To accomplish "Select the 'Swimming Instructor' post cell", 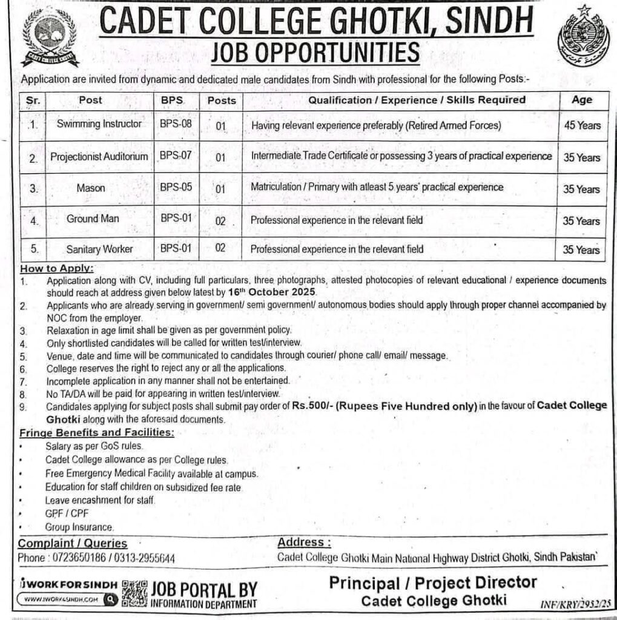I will (x=99, y=124).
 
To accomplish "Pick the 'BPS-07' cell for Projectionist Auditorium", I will (x=176, y=156).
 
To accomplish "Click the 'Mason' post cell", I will (x=90, y=188).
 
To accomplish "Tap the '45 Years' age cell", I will (x=581, y=125).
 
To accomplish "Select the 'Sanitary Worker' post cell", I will (x=99, y=249).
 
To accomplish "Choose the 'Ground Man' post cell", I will (x=93, y=219).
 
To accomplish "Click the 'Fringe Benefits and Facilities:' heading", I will (x=96, y=433).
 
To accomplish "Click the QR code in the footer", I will (x=134, y=593).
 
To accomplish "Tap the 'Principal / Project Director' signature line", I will (x=433, y=583).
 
